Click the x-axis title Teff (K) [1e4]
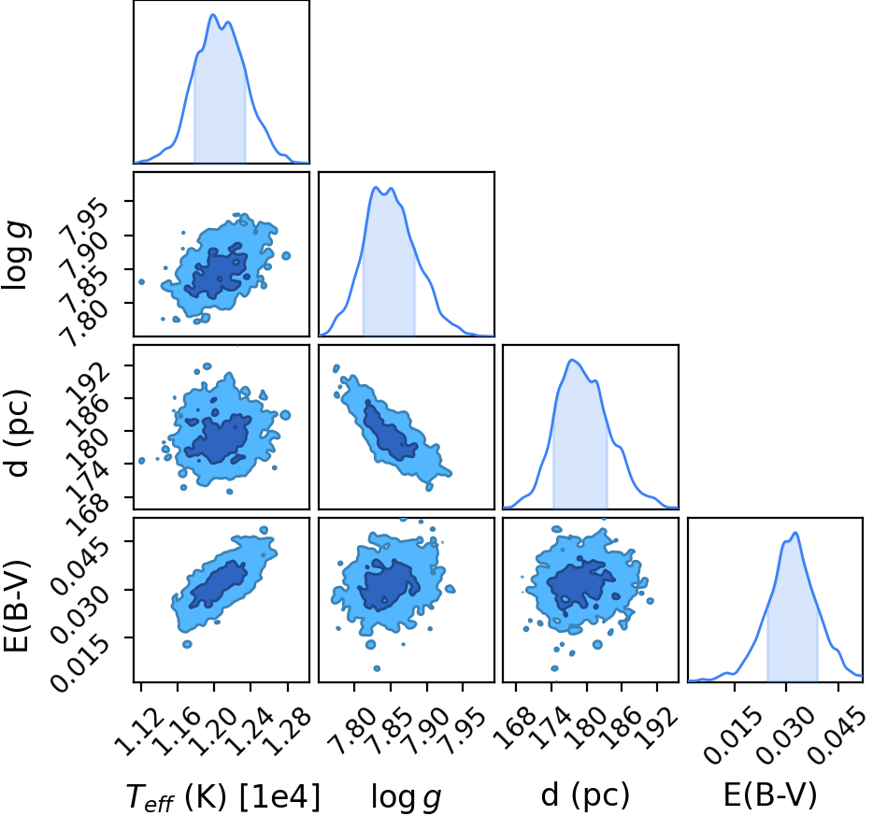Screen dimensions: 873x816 pos(223,797)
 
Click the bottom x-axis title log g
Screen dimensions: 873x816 pos(407,797)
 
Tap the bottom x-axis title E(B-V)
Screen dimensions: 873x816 pos(770,795)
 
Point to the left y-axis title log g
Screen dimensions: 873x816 pos(16,254)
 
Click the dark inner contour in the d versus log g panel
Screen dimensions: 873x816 pos(389,431)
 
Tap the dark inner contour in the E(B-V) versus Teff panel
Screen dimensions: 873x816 pos(217,584)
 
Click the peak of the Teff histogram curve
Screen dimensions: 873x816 pos(213,14)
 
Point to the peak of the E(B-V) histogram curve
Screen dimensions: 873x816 pos(795,533)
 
